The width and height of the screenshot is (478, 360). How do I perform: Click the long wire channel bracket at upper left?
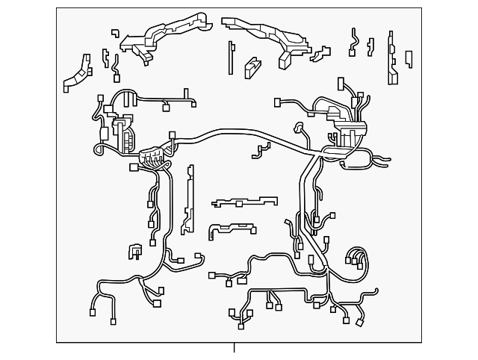pyautogui.click(x=164, y=33)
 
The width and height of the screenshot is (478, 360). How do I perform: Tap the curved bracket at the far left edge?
pyautogui.click(x=78, y=75)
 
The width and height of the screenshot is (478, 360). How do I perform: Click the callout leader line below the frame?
pyautogui.click(x=234, y=348)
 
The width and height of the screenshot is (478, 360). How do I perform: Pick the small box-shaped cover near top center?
pyautogui.click(x=252, y=67)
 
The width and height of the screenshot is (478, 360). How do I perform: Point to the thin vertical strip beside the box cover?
pyautogui.click(x=231, y=57)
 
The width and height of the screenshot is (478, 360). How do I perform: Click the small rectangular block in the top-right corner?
pyautogui.click(x=409, y=58)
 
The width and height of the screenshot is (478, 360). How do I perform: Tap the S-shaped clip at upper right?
pyautogui.click(x=353, y=43)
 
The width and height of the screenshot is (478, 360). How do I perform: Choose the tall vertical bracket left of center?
pyautogui.click(x=189, y=198)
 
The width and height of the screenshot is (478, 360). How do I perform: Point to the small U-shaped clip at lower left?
pyautogui.click(x=135, y=252)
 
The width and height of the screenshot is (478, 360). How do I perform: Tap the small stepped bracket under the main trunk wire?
pyautogui.click(x=261, y=150)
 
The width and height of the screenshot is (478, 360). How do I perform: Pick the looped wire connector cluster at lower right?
pyautogui.click(x=356, y=258)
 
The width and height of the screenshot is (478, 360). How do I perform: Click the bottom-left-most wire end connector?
pyautogui.click(x=93, y=312)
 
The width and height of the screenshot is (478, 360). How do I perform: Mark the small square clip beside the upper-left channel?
pyautogui.click(x=115, y=34)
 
